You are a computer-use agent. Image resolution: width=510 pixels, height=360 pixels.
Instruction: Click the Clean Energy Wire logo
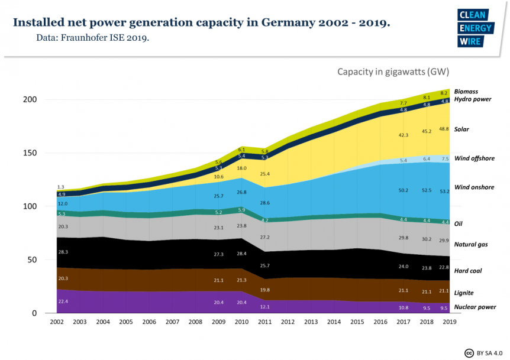tap(471, 28)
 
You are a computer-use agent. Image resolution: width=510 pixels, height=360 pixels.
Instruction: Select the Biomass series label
tap(466, 92)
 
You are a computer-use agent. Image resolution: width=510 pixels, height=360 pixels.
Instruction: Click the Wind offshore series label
tap(474, 158)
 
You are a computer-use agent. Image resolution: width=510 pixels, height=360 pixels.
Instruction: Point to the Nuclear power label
tap(475, 307)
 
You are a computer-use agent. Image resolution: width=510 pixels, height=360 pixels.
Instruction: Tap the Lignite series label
tap(464, 293)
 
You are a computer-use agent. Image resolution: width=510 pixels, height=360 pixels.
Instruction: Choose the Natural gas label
tap(471, 244)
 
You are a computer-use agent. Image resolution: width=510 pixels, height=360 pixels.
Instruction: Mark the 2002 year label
tap(57, 323)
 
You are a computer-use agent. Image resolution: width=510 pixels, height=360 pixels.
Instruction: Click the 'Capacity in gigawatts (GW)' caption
tap(393, 72)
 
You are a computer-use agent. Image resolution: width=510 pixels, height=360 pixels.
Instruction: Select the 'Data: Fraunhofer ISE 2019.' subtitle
tap(91, 38)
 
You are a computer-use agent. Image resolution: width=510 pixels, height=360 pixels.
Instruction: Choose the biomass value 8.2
tap(444, 93)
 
